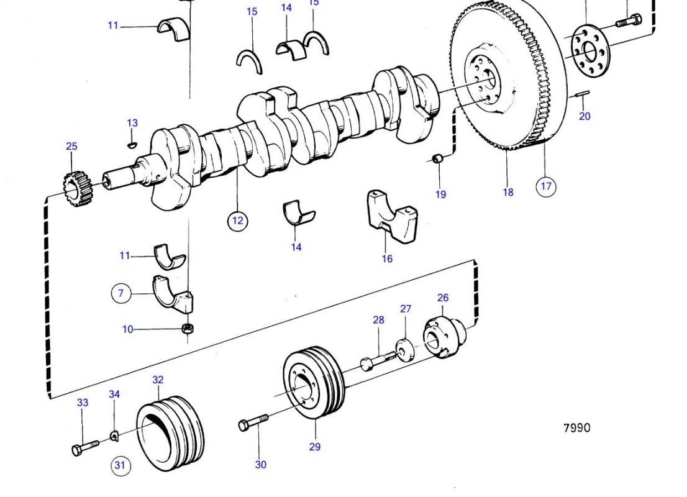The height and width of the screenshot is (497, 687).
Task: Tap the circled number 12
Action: tap(237, 221)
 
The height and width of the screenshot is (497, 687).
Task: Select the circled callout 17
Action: tap(546, 186)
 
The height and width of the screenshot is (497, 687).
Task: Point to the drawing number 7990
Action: tap(576, 427)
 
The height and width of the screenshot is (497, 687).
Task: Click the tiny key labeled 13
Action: tap(130, 145)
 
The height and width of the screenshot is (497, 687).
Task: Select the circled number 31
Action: tap(122, 465)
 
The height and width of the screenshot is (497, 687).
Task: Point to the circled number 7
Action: tap(122, 293)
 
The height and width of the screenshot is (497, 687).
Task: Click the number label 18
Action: tap(508, 192)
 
